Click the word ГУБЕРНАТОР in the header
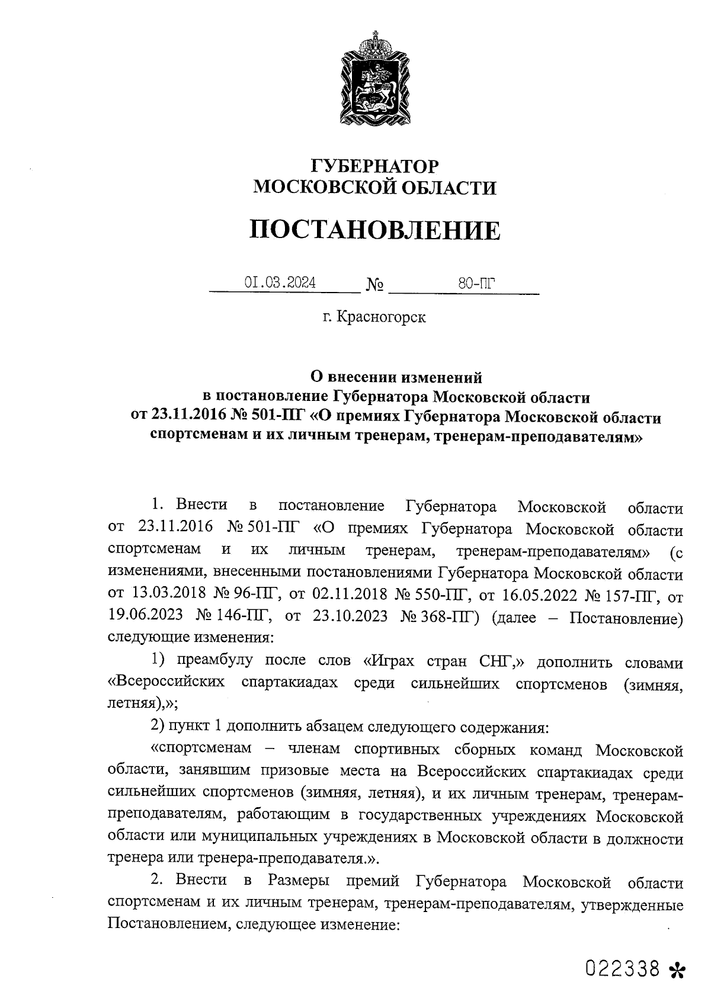pos(374,165)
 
